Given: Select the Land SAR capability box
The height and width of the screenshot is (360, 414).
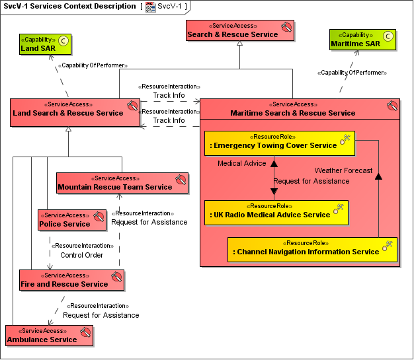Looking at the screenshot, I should pyautogui.click(x=45, y=44).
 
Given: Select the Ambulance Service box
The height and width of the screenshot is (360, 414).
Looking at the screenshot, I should pyautogui.click(x=50, y=336).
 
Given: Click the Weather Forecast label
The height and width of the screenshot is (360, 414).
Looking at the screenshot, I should pyautogui.click(x=343, y=170).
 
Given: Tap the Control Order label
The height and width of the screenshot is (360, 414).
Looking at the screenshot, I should pyautogui.click(x=82, y=255).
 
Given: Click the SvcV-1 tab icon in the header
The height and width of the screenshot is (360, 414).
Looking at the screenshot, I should pyautogui.click(x=151, y=7).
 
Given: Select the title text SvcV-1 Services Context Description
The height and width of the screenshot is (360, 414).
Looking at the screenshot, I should pyautogui.click(x=69, y=7).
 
